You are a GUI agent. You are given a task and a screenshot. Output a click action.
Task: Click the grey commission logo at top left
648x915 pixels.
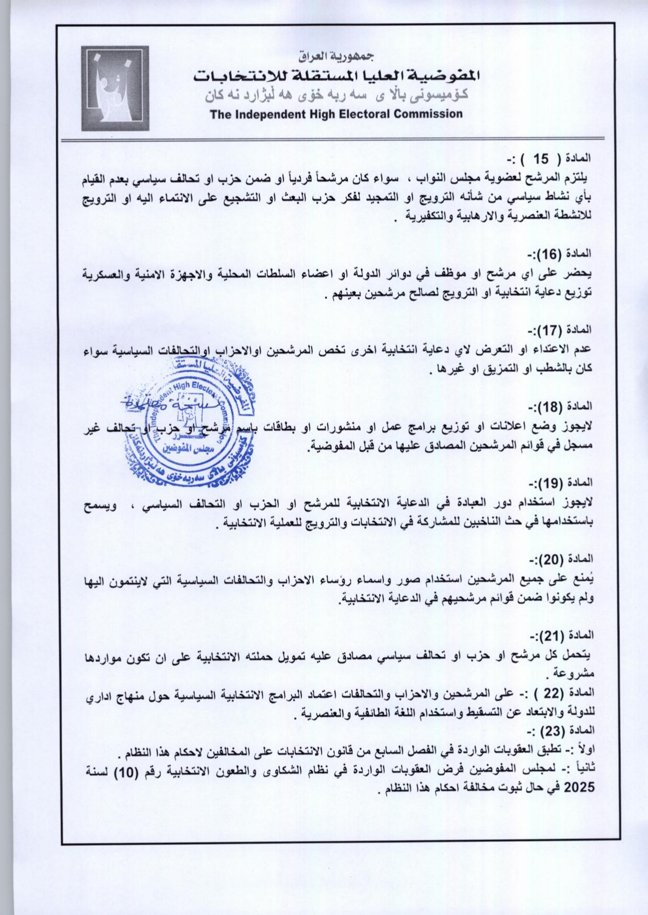pyautogui.click(x=115, y=88)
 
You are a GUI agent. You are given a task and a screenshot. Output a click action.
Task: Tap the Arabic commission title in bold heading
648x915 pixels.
pyautogui.click(x=336, y=76)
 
